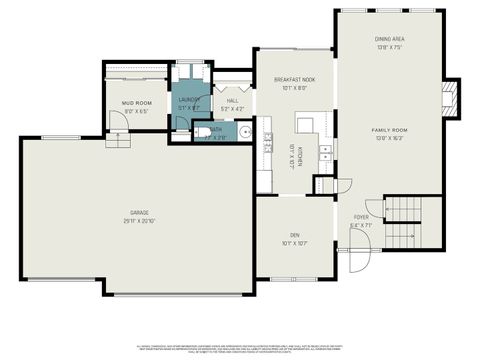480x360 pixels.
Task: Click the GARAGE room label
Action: pyautogui.click(x=138, y=213)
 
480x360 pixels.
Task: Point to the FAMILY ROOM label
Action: pyautogui.click(x=388, y=131)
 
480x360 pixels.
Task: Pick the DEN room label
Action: pyautogui.click(x=295, y=235)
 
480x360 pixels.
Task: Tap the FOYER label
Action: pyautogui.click(x=361, y=217)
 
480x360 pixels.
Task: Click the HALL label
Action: pyautogui.click(x=232, y=100)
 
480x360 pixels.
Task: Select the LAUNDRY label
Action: pyautogui.click(x=190, y=99)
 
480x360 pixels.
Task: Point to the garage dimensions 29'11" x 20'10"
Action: pyautogui.click(x=138, y=221)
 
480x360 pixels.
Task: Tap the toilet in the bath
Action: pyautogui.click(x=205, y=131)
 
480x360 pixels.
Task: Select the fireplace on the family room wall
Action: pyautogui.click(x=450, y=99)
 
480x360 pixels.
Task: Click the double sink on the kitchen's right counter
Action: pyautogui.click(x=325, y=150)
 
